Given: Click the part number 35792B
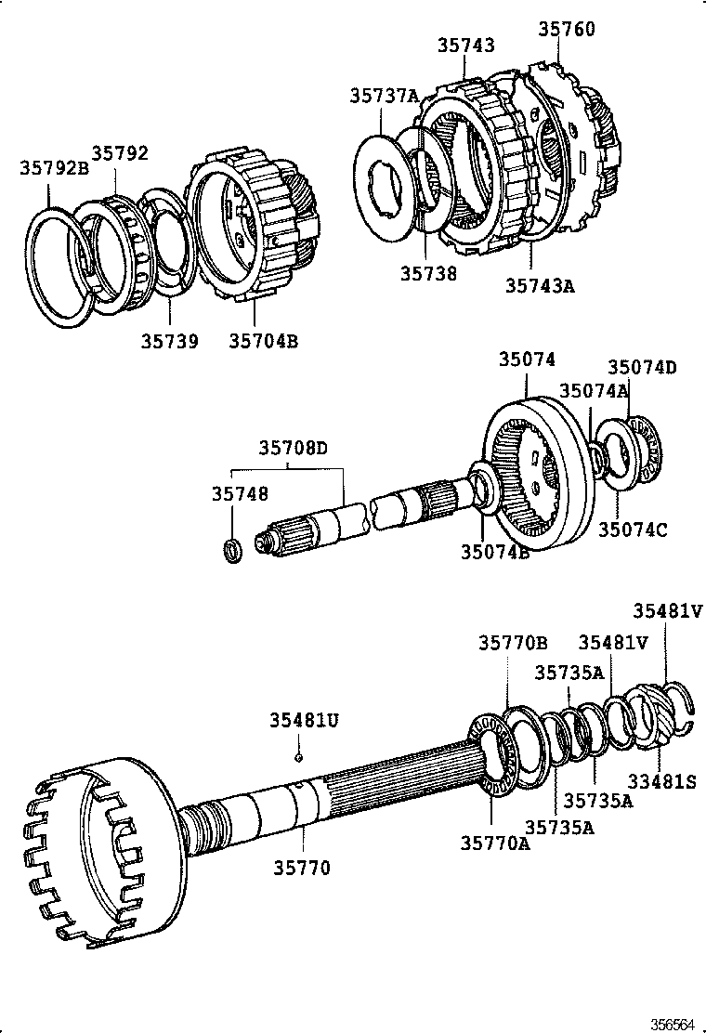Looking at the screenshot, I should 53,168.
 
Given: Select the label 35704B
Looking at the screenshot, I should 263,341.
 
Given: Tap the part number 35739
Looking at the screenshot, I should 169,341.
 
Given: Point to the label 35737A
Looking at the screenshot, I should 385,96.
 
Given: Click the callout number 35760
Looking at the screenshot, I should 566,30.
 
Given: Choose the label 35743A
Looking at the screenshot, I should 540,285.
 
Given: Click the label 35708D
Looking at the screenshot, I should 294,449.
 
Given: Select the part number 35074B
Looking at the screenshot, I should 495,552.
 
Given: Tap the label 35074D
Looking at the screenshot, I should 642,367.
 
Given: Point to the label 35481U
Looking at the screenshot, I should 305,720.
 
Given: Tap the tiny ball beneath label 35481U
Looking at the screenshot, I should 298,756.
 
